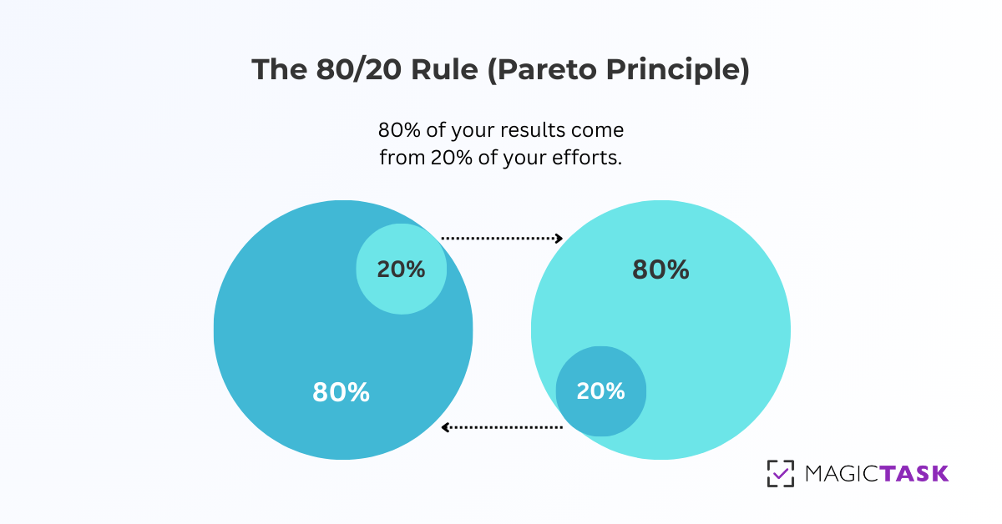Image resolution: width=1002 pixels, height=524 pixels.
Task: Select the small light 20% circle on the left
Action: point(402,269)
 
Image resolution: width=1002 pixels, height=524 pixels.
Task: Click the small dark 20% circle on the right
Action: point(601,391)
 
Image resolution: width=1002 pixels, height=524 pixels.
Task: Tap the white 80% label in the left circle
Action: point(341,392)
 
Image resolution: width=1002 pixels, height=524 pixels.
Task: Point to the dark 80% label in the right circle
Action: point(660,270)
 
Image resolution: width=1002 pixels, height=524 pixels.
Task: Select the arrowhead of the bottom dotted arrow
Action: point(446,427)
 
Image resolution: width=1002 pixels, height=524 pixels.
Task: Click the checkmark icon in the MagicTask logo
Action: point(781,473)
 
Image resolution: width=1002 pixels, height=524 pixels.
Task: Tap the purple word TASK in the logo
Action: point(914,474)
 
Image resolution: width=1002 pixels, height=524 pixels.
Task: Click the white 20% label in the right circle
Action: point(601,391)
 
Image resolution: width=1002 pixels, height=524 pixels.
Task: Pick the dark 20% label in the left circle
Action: point(401,270)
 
